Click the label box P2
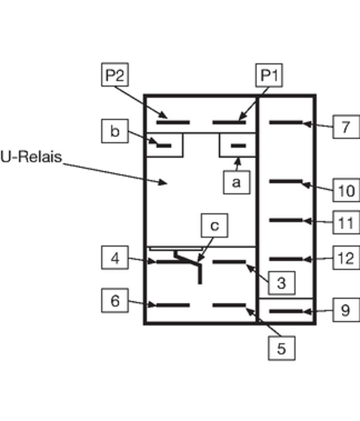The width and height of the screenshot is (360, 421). pyautogui.click(x=114, y=75)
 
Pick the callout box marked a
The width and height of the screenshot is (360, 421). pyautogui.click(x=236, y=182)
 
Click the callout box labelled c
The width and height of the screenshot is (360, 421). pyautogui.click(x=214, y=226)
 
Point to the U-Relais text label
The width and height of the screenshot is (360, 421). pyautogui.click(x=31, y=158)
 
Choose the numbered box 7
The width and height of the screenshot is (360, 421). pyautogui.click(x=346, y=127)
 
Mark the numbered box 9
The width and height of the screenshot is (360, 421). pyautogui.click(x=346, y=310)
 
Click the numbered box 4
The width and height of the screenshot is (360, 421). pyautogui.click(x=115, y=258)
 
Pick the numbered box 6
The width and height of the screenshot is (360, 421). pyautogui.click(x=115, y=301)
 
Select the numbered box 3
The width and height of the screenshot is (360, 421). pyautogui.click(x=281, y=282)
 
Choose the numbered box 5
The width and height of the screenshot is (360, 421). pyautogui.click(x=281, y=348)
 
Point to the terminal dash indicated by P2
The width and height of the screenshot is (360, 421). pyautogui.click(x=173, y=122)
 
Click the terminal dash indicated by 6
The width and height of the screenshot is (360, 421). pyautogui.click(x=173, y=305)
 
